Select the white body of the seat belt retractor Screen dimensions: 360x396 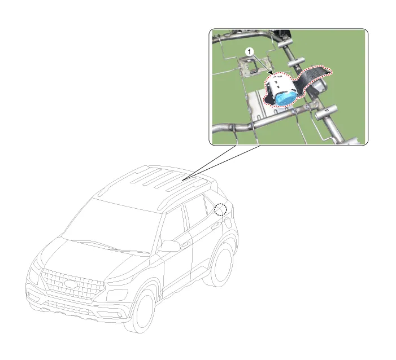tap(279, 85)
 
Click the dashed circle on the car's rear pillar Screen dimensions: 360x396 tap(220, 210)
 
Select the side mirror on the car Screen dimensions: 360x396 tap(169, 246)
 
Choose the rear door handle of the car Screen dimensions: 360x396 tap(215, 226)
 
